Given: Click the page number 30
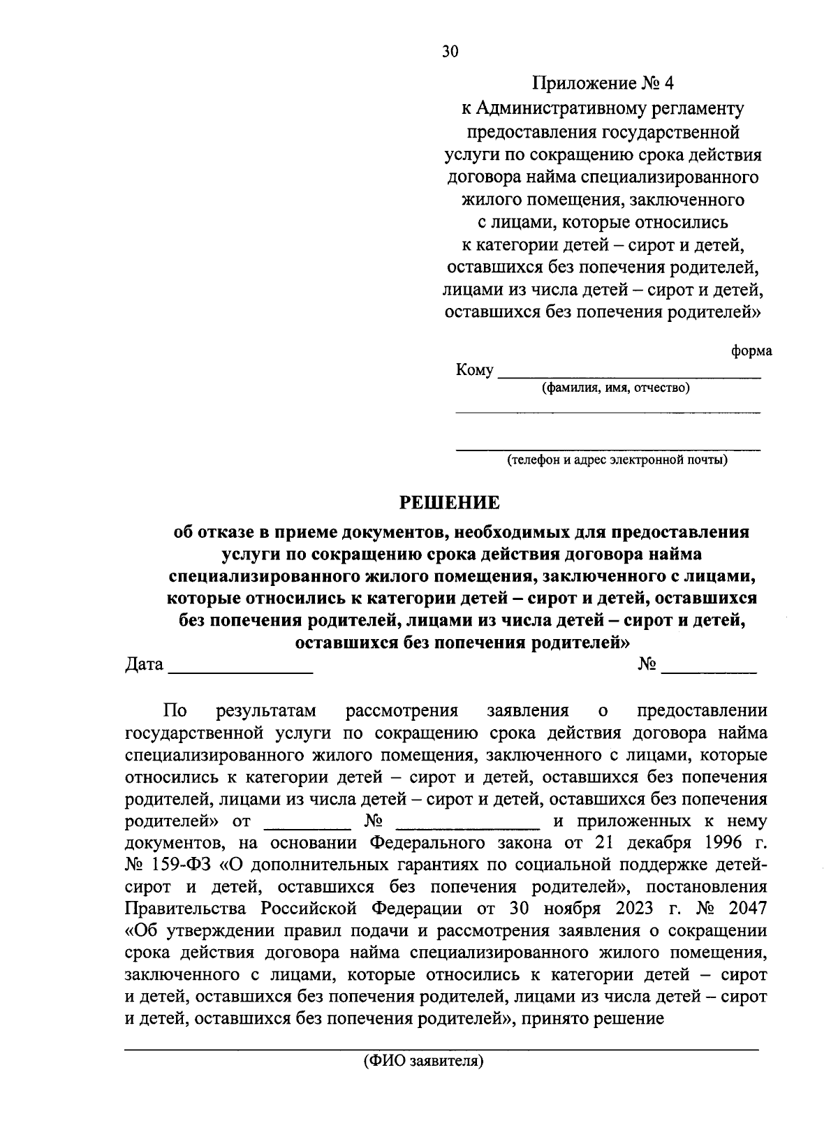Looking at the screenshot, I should [x=450, y=52].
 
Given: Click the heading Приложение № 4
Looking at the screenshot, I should [x=604, y=84].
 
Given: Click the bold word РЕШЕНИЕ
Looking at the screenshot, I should [x=449, y=502].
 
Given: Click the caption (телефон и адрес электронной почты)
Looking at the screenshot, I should [x=617, y=460].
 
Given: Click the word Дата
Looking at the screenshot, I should [x=145, y=664].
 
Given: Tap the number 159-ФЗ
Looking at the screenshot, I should [x=181, y=865].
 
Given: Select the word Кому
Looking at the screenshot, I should [x=475, y=369].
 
